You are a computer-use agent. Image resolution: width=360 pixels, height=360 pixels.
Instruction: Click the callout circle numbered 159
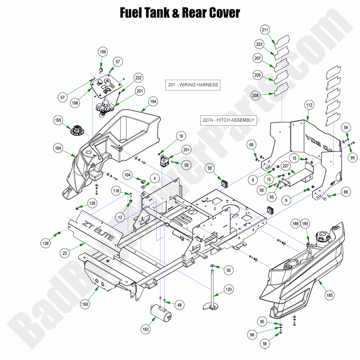(x=103, y=52)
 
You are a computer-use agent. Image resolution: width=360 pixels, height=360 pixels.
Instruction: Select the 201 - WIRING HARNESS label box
(x=193, y=85)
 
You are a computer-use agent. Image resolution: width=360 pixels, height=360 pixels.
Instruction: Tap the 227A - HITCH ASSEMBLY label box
(x=228, y=120)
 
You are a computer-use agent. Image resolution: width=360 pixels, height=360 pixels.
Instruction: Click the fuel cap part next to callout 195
(x=77, y=130)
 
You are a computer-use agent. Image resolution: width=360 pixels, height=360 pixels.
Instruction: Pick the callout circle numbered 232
(x=138, y=78)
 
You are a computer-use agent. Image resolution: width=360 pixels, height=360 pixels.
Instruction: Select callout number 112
(x=309, y=105)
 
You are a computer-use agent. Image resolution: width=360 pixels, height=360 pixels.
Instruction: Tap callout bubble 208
(x=255, y=96)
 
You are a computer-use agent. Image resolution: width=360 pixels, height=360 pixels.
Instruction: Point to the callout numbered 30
(x=210, y=168)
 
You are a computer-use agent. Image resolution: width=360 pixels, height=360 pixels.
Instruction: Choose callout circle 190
(x=85, y=304)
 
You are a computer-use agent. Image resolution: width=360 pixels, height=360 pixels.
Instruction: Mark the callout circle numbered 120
(x=228, y=289)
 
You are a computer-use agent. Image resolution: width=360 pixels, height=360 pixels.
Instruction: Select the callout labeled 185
(x=330, y=295)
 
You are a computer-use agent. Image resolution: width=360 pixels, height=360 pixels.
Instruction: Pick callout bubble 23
(x=65, y=253)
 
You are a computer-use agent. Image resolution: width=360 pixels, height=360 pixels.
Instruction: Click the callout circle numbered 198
(x=75, y=103)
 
